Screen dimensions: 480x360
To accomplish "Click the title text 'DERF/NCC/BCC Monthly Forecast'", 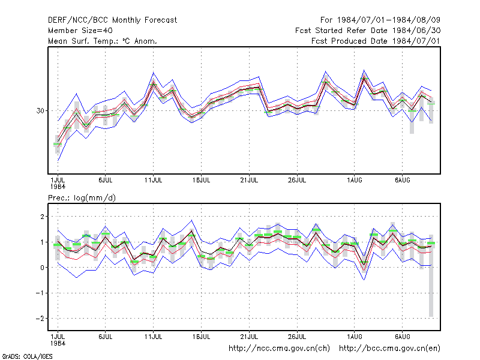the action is click(x=112, y=20).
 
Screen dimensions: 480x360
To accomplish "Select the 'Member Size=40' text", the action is click(x=80, y=31).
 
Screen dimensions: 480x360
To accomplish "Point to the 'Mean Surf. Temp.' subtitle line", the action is click(x=102, y=41).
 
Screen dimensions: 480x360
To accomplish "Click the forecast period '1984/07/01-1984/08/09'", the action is click(x=388, y=20).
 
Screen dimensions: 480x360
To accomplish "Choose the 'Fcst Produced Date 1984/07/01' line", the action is click(x=376, y=41).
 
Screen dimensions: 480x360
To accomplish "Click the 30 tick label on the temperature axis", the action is click(x=40, y=110).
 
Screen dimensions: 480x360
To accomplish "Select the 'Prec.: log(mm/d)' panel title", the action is click(x=82, y=198).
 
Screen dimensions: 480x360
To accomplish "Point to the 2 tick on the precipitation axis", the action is click(x=42, y=217).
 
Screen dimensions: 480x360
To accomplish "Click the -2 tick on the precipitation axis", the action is click(x=40, y=319).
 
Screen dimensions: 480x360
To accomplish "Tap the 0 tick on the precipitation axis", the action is click(x=42, y=268).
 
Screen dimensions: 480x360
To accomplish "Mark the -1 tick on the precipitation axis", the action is click(x=40, y=293).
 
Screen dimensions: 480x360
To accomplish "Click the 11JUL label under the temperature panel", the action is click(x=154, y=180).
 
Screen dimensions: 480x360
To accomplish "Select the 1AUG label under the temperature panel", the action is click(x=355, y=180).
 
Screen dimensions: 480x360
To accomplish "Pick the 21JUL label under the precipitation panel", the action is click(x=249, y=337).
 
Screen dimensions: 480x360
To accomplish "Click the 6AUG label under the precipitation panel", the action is click(x=402, y=337).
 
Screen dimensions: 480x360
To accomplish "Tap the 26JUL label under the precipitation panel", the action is click(x=297, y=337).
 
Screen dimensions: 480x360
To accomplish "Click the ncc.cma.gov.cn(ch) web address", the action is click(x=279, y=349).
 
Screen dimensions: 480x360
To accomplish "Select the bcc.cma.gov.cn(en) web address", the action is click(x=389, y=349).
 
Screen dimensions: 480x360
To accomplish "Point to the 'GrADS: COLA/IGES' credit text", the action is click(x=27, y=356).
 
